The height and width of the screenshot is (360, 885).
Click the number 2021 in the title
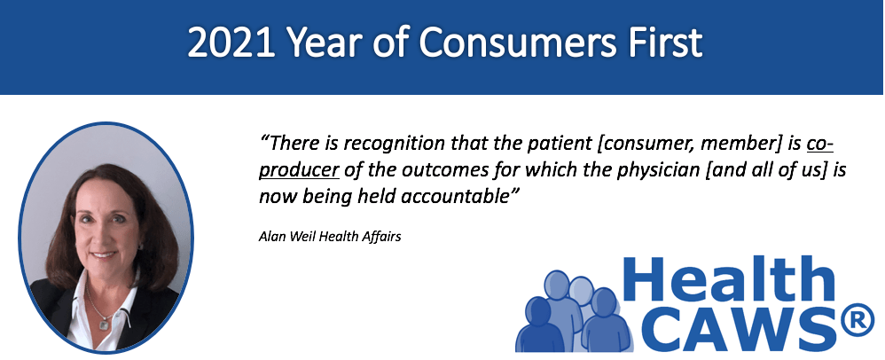pos(231,43)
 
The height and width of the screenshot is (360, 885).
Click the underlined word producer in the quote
pos(299,171)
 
